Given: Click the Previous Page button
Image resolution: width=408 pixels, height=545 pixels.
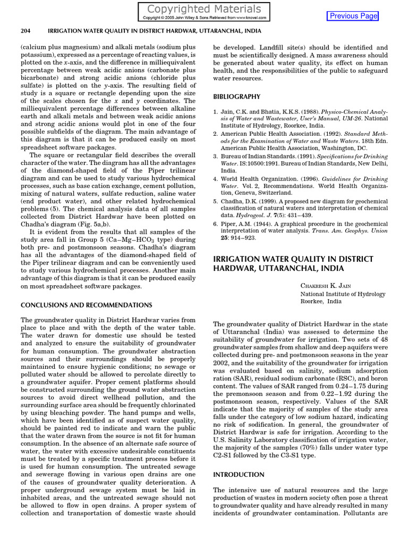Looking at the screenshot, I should [353, 16].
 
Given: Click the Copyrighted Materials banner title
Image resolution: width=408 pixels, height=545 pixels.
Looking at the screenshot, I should [204, 9].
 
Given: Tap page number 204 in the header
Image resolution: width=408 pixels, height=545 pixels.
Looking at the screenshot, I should [25, 31].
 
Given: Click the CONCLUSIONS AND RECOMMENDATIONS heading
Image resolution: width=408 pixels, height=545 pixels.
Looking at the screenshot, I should [86, 305].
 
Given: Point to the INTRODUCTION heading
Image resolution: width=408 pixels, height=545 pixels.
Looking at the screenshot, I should [239, 474].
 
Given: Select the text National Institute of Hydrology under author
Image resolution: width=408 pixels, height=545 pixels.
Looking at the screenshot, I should [343, 294].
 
